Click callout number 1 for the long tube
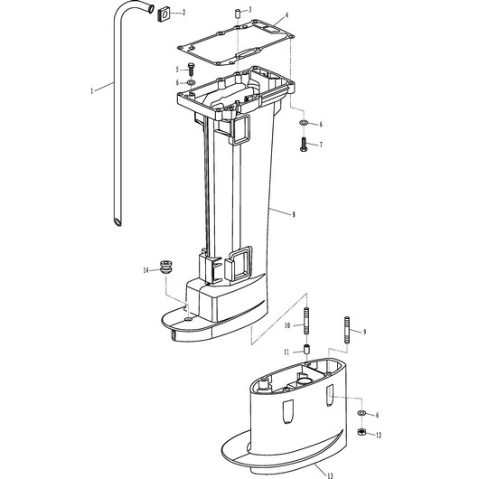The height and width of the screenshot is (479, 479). [91, 91]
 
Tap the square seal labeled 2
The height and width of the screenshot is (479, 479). [164, 15]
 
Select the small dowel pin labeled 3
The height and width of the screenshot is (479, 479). [238, 14]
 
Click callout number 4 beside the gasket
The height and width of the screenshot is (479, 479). [286, 15]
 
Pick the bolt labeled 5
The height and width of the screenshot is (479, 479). [192, 70]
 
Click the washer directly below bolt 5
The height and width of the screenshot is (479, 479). [192, 82]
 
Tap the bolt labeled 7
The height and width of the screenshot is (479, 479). [304, 145]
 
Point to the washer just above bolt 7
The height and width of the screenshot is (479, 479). [304, 123]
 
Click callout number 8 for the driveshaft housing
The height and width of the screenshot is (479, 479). [294, 214]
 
